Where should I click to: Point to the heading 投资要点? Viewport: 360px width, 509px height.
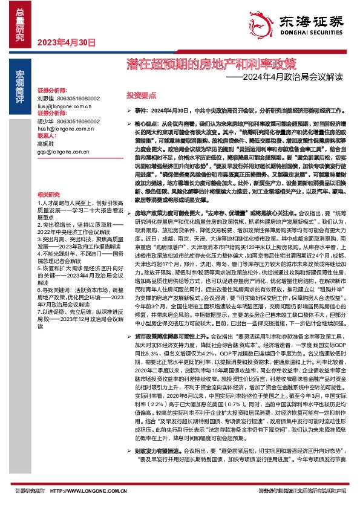141,96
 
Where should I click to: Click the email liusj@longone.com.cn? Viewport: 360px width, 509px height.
64,105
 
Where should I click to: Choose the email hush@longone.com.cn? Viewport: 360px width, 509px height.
64,129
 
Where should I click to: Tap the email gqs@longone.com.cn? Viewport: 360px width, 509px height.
62,152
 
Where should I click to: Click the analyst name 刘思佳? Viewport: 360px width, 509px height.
45,98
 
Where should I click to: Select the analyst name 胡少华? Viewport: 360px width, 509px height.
45,122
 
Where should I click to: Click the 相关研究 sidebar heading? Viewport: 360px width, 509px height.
48,194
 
